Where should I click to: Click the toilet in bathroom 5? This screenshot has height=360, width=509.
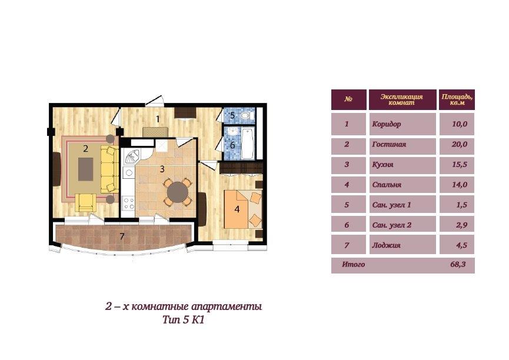coord(247,115)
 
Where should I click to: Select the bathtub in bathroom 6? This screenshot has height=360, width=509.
coord(247,143)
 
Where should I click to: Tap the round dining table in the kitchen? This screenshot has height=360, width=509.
coord(178,192)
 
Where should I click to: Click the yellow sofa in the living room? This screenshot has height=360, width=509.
coord(109,170)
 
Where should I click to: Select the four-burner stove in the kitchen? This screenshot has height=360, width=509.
coord(128,204)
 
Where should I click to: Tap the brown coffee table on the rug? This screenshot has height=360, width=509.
coord(86,169)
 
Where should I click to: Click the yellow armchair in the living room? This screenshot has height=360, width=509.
coord(86,202)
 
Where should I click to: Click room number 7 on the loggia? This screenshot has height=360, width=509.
coord(122,236)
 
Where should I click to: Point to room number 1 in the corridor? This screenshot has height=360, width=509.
coord(158,119)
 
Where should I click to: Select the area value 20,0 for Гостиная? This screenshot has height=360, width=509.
coord(460,144)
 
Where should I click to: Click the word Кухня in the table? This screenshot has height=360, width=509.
coord(382,165)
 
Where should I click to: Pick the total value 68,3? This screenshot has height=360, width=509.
coord(458,264)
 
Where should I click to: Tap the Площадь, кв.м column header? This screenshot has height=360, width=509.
coord(457,99)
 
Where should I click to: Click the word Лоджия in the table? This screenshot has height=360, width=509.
coord(386,245)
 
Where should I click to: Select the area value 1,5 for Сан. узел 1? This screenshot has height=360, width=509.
coord(461,205)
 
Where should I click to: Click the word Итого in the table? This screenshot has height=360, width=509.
coord(353,265)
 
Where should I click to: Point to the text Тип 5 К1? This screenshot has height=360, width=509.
coord(184,320)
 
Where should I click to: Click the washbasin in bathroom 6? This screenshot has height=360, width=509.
coord(233,132)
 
